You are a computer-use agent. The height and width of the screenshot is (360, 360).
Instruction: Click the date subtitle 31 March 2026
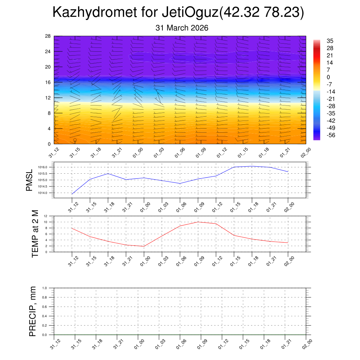pos(182,28)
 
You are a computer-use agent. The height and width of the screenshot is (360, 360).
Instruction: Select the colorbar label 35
pos(330,40)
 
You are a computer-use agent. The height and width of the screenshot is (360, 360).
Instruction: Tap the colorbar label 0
pos(328,77)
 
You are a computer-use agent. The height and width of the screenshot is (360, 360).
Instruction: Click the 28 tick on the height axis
pos(48,36)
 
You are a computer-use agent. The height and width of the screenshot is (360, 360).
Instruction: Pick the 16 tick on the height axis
pos(48,82)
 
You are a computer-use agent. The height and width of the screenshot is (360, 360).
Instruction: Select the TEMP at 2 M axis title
pos(35,234)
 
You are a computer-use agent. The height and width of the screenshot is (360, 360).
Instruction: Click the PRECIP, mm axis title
pos(33,311)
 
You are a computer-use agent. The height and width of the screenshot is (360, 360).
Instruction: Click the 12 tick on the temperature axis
pos(46,216)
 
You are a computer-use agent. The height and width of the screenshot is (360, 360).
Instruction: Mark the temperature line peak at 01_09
pos(198,222)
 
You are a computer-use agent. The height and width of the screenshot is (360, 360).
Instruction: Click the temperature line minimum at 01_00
pos(144,246)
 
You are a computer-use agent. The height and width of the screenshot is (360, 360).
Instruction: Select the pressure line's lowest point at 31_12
pos(72,194)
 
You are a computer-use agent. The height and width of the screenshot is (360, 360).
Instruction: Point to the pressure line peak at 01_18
pos(252,166)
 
